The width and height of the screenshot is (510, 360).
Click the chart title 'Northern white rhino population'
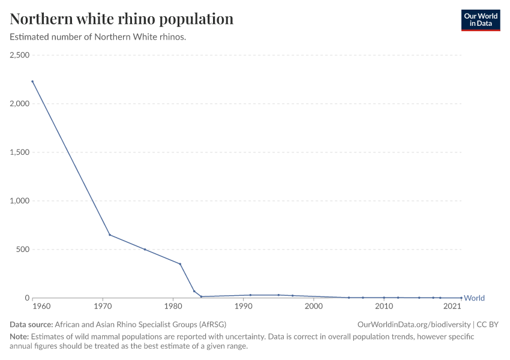coord(121,19)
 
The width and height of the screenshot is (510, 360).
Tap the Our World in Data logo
coord(480,20)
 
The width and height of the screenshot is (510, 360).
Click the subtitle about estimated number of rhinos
coord(98,37)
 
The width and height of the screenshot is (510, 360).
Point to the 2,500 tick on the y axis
coord(20,55)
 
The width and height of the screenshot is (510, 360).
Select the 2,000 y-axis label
coord(20,104)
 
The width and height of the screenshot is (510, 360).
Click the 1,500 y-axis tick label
coord(20,152)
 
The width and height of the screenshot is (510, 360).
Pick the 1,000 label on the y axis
coord(20,201)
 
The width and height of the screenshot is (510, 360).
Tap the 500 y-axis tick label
coord(23,250)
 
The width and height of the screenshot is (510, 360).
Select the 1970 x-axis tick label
coord(103,307)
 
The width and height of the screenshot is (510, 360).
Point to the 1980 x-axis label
coord(173,307)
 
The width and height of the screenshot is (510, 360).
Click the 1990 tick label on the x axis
coord(243,307)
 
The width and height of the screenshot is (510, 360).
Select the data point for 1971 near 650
coord(110,235)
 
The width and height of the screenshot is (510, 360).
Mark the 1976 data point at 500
coord(145,250)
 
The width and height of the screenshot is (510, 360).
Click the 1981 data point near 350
coord(180,264)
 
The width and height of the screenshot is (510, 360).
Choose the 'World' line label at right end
coord(474,298)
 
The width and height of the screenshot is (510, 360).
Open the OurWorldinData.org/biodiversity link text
coord(414,324)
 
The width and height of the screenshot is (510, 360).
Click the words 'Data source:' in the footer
coord(31,324)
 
